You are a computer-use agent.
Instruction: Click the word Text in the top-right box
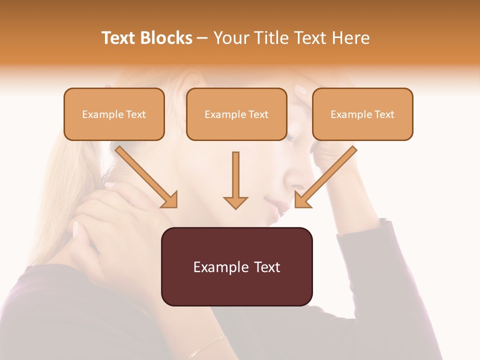coord(384,114)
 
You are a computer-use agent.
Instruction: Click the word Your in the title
coord(229,38)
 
